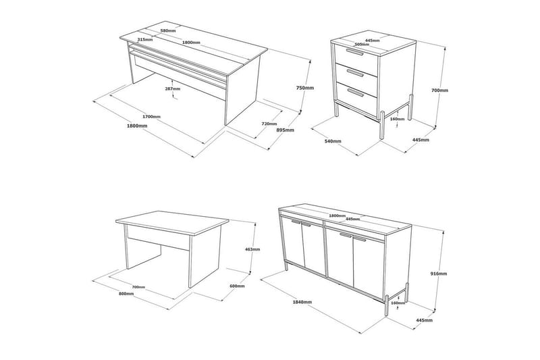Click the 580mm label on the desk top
[169, 30]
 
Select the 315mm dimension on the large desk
[144, 40]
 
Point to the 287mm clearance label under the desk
[172, 88]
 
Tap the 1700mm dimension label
[151, 116]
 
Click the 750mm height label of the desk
[305, 88]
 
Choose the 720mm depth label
[269, 124]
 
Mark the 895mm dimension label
[285, 130]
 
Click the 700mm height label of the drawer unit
[439, 90]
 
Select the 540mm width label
[333, 141]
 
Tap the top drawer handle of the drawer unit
[354, 51]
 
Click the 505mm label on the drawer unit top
[362, 45]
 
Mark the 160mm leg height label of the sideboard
[398, 303]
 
